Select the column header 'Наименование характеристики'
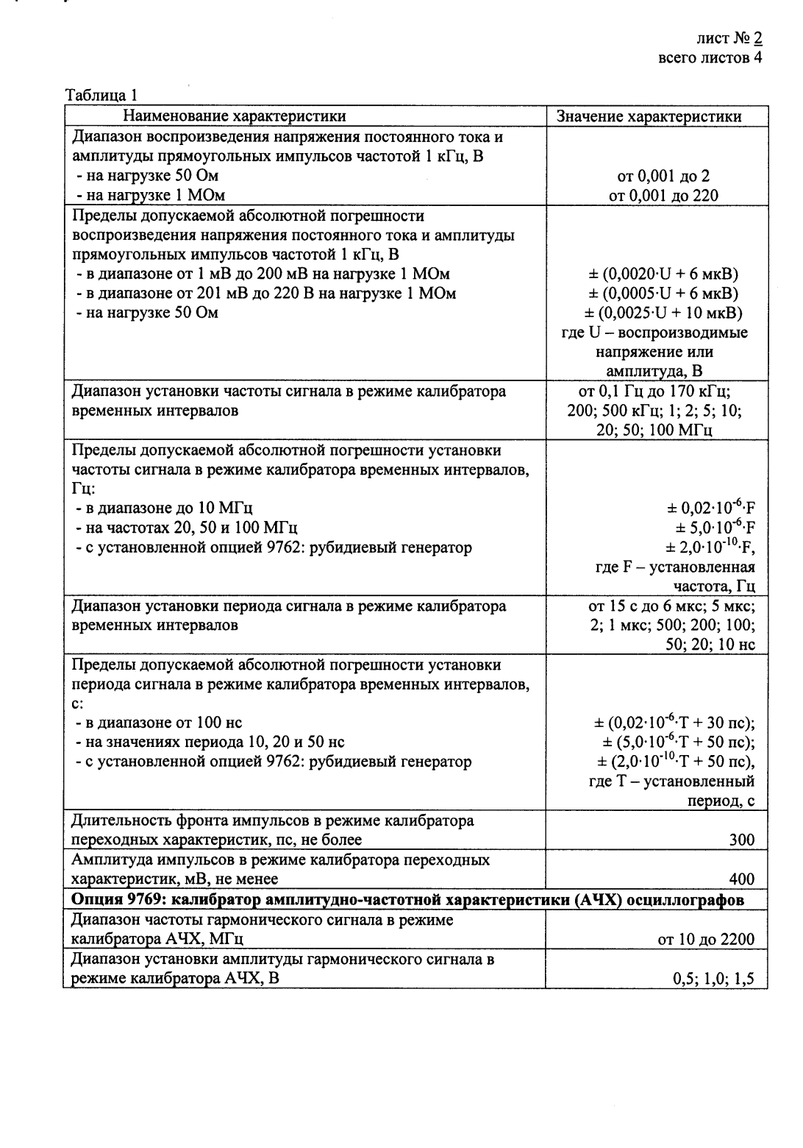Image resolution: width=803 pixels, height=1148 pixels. (x=234, y=116)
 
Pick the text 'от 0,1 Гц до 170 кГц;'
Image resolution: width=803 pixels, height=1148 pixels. (x=657, y=391)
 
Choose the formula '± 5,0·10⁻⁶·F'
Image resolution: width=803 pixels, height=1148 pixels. (x=715, y=528)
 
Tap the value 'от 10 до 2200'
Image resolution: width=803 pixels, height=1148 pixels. (x=706, y=938)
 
